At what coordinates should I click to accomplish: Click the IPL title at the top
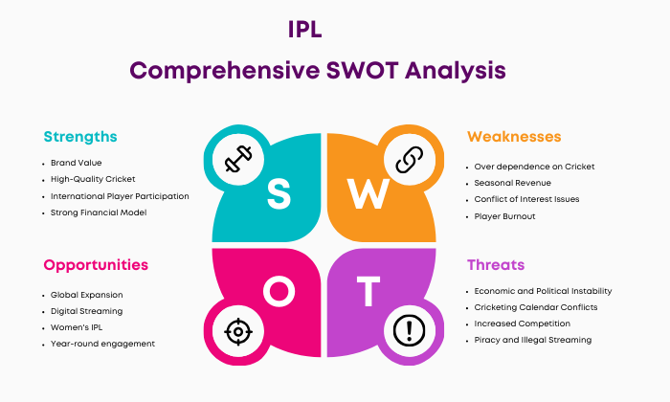coord(304,30)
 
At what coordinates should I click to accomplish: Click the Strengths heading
coord(80,137)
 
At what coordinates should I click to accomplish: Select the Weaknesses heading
coord(514,137)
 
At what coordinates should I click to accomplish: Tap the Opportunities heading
coord(96,265)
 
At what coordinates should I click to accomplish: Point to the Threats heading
coord(496,265)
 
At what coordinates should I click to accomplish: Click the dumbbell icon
coord(238,159)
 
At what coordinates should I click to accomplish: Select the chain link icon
coord(410,159)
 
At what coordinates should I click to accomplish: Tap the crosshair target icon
coord(238,331)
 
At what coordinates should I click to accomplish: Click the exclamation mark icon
coord(410,330)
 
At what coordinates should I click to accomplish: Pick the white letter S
coord(279,194)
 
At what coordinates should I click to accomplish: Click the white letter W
coord(368,193)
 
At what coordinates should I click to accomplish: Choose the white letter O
coord(279,291)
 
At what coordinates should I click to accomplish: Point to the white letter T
coord(368,291)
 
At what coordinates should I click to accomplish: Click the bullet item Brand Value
coord(76,163)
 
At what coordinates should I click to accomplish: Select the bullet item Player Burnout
coord(504,216)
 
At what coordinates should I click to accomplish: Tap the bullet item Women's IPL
coord(77,327)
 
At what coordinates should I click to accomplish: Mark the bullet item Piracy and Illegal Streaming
coord(533,340)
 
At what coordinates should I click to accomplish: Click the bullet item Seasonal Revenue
coord(512,183)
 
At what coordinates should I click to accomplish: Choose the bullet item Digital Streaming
coord(86,311)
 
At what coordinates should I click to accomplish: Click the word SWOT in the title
coord(363,70)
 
